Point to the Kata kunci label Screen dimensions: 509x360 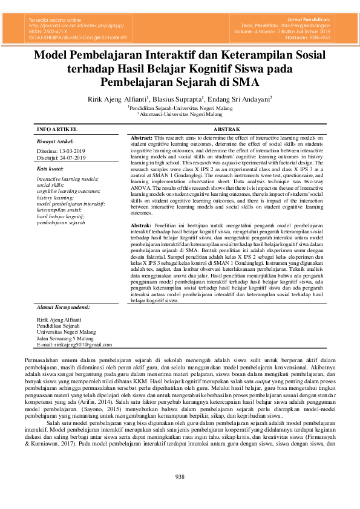[50, 168]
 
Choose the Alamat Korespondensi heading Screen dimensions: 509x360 [64, 308]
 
